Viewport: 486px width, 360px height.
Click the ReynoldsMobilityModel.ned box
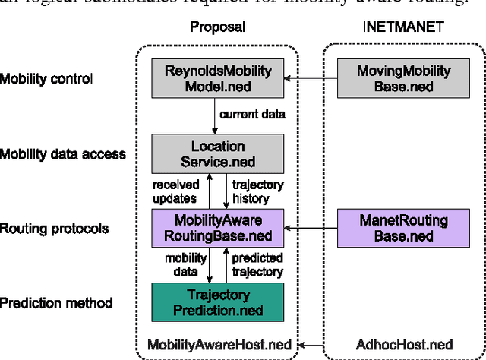pos(217,79)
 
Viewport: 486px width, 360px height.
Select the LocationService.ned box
pos(217,153)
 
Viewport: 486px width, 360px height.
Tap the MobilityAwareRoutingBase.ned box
pos(217,227)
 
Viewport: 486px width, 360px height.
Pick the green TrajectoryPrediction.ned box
pos(217,302)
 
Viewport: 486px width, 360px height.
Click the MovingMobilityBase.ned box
pos(403,79)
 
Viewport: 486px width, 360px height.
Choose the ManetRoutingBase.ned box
pos(403,227)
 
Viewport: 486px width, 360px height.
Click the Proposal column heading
pos(217,26)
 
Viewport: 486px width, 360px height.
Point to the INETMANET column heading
pos(404,26)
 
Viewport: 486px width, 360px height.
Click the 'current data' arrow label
pos(252,115)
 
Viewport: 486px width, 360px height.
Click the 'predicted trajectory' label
pos(257,264)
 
